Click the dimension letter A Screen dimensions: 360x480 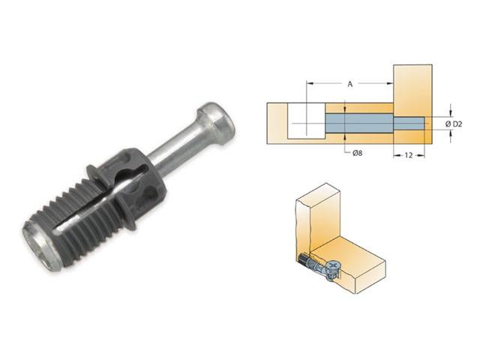(x=349, y=85)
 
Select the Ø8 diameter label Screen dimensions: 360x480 (x=359, y=154)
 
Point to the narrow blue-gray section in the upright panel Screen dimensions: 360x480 (x=409, y=122)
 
